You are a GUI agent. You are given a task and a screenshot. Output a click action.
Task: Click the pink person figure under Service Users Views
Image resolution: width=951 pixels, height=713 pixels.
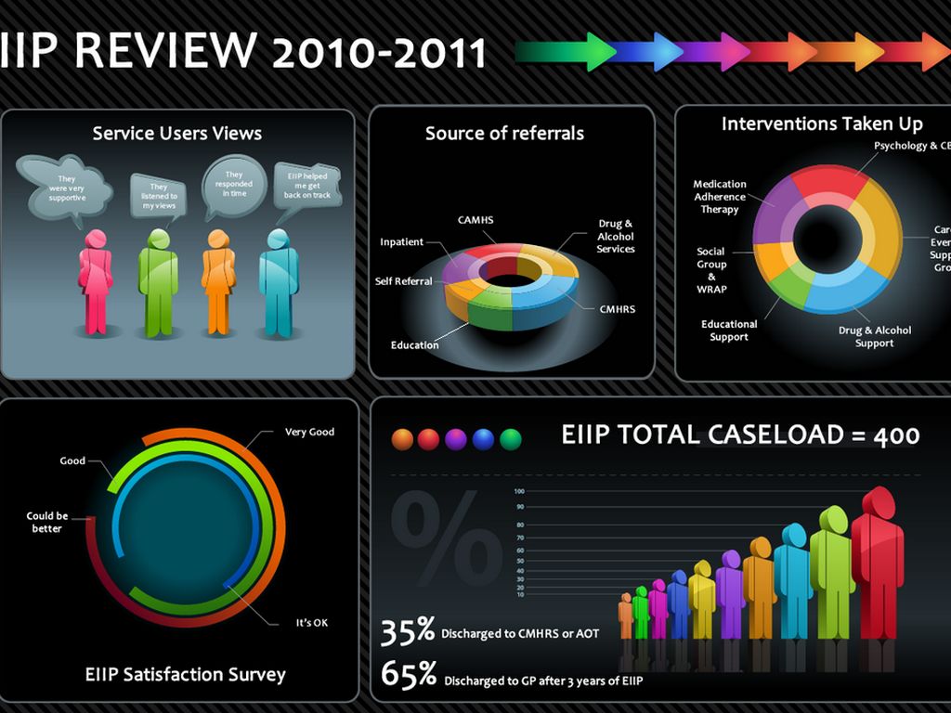click(96, 282)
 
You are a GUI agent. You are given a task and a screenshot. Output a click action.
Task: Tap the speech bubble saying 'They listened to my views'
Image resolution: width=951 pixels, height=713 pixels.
click(159, 196)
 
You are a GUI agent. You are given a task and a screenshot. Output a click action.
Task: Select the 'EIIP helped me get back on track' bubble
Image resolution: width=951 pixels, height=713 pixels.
click(307, 183)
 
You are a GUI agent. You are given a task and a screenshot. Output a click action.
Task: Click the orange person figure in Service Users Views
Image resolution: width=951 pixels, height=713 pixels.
click(218, 282)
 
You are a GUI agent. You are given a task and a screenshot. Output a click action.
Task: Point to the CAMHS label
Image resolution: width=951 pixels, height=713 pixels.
click(475, 220)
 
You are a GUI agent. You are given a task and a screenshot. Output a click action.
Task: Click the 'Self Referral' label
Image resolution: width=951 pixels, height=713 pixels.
click(403, 281)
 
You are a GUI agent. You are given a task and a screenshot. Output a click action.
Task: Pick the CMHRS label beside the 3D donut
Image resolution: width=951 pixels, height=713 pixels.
click(618, 309)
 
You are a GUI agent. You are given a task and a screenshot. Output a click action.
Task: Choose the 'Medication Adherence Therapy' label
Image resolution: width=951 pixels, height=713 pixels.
click(720, 197)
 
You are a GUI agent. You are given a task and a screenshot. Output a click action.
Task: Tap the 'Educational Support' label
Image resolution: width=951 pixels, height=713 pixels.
click(729, 331)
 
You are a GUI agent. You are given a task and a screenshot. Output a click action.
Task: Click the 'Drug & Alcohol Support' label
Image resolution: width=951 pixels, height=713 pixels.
click(874, 336)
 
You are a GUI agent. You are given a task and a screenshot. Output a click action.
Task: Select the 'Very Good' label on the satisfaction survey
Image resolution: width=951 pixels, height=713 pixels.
click(309, 432)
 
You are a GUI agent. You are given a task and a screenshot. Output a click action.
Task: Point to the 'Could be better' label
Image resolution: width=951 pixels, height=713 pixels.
click(46, 522)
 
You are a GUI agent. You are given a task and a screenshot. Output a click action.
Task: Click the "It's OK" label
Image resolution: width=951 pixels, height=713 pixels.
click(312, 623)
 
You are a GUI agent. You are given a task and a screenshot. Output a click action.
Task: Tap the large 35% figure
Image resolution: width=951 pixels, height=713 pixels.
click(408, 631)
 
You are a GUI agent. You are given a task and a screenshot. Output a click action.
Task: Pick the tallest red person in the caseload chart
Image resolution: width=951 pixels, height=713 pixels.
click(877, 566)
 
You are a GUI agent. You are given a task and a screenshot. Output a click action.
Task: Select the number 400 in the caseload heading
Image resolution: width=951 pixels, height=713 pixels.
click(896, 434)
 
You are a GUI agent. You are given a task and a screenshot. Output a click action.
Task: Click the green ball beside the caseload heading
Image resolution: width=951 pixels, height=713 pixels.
click(511, 439)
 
